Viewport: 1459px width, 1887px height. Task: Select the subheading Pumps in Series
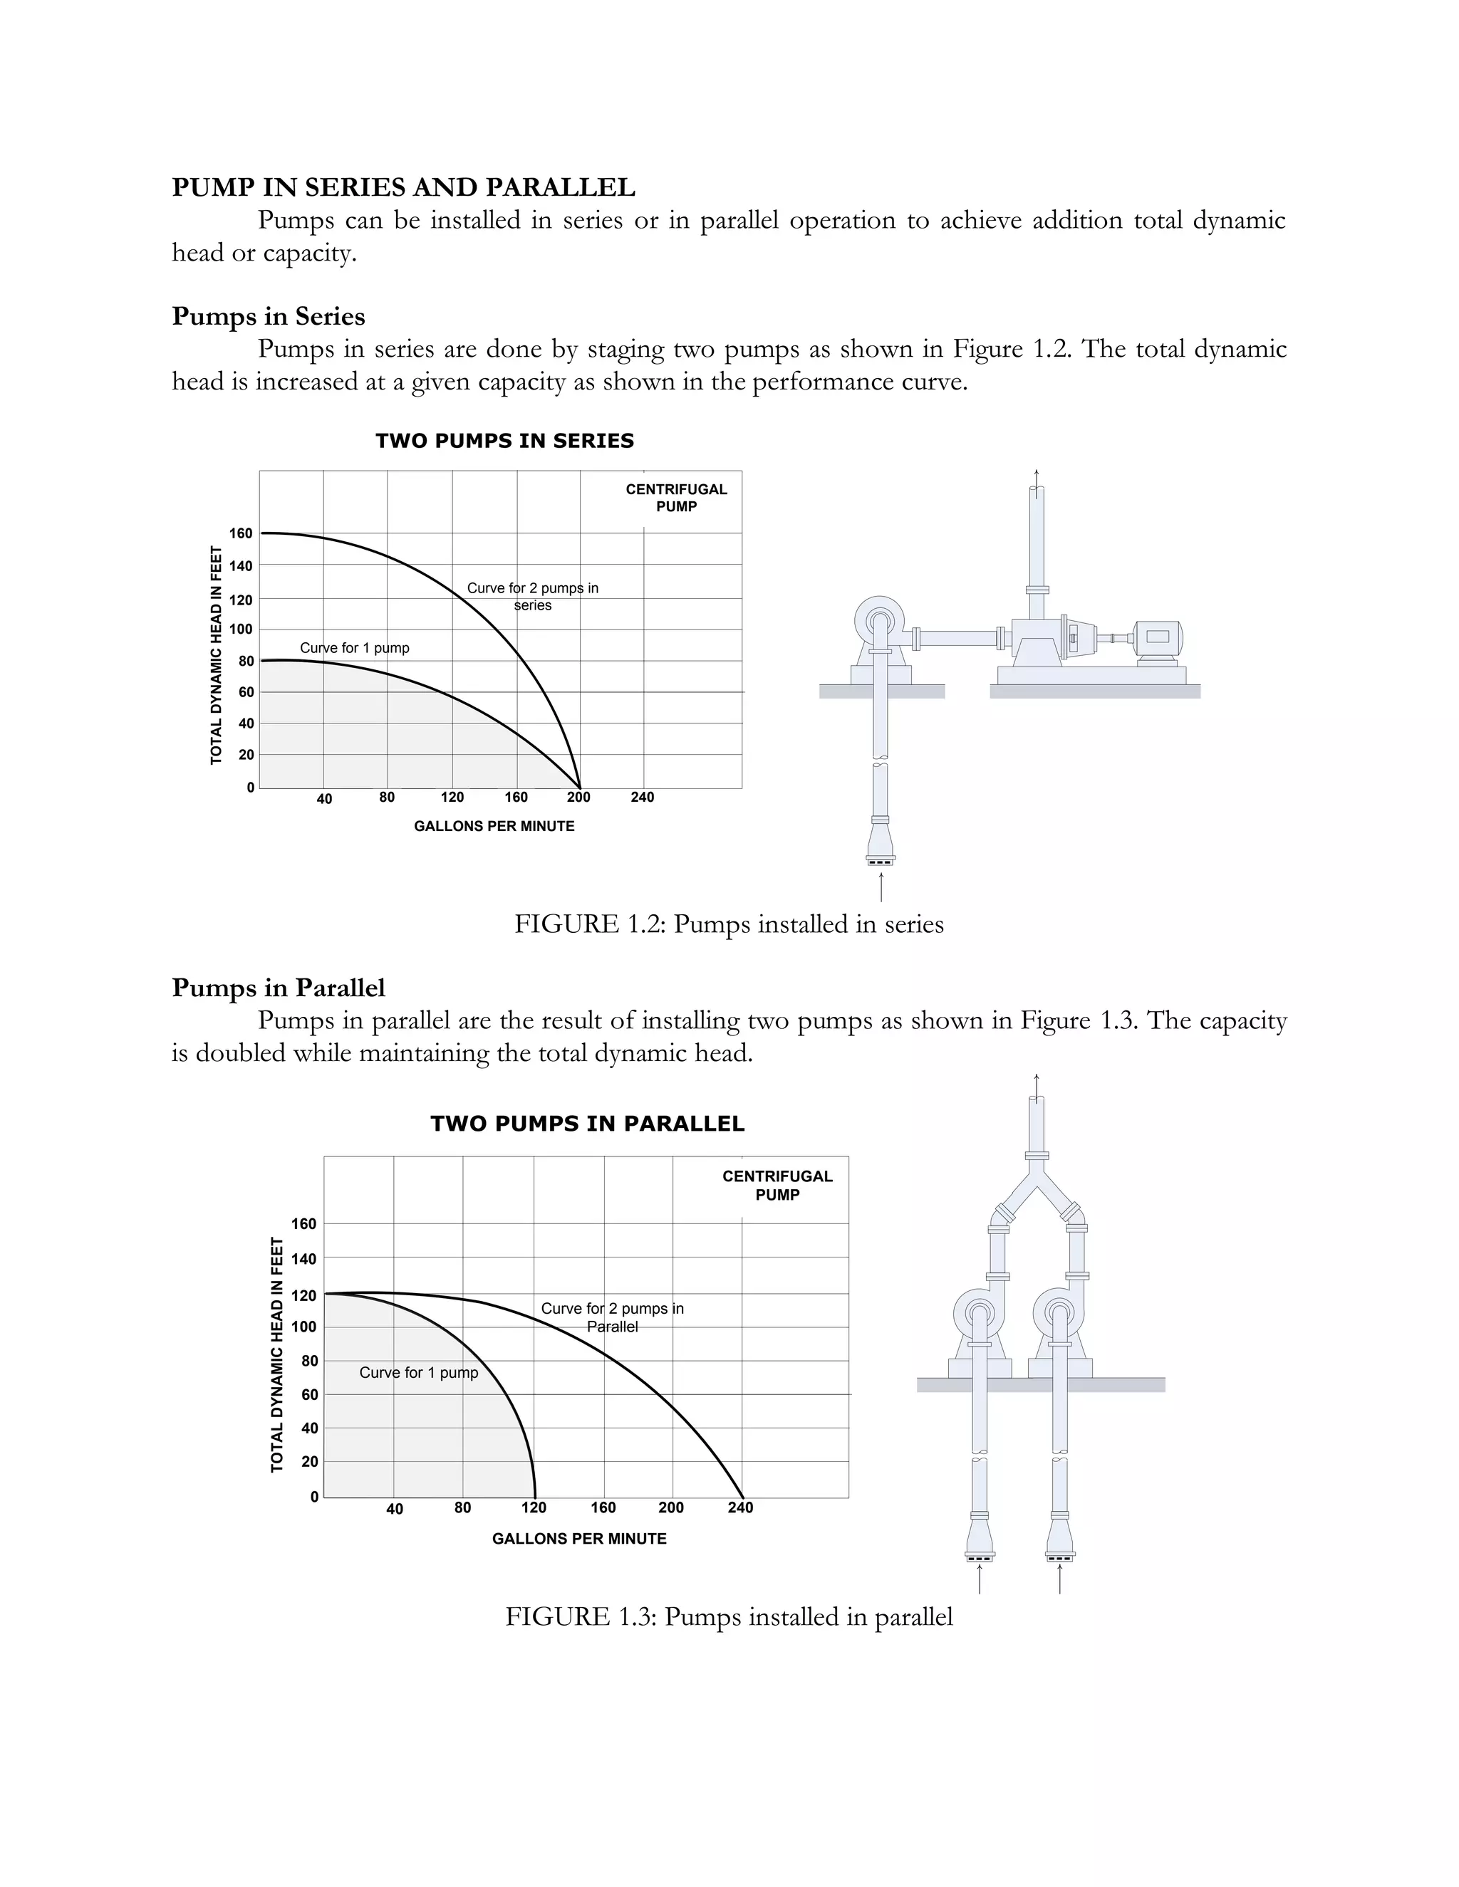point(268,316)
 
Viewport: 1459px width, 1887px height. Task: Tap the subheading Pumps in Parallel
point(279,988)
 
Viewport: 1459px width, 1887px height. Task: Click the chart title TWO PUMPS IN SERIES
point(505,441)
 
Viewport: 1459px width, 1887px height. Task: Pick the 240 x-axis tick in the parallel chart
point(740,1507)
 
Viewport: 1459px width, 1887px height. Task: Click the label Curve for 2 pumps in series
point(532,596)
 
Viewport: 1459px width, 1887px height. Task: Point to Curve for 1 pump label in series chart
point(354,648)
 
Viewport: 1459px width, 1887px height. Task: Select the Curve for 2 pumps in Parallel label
point(612,1317)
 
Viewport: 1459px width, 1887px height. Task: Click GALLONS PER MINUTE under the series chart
point(494,826)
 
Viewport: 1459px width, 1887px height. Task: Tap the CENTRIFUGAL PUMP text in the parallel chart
point(777,1186)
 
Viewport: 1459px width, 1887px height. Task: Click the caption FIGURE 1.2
point(729,924)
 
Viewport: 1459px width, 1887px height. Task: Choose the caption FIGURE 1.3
point(729,1617)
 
